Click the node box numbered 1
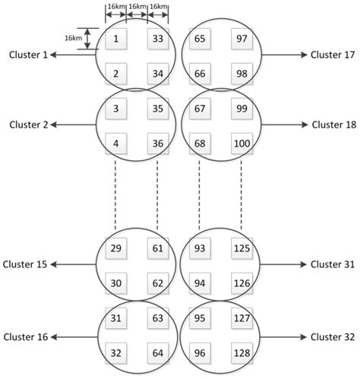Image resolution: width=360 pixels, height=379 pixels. click(116, 39)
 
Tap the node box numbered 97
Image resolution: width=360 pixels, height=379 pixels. click(242, 39)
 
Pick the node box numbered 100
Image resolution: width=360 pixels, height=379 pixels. click(242, 144)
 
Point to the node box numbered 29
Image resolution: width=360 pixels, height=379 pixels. click(116, 248)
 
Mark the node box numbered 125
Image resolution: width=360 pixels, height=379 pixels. click(242, 248)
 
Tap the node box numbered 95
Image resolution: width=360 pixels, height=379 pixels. click(201, 319)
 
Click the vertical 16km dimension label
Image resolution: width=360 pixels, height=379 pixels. click(73, 39)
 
